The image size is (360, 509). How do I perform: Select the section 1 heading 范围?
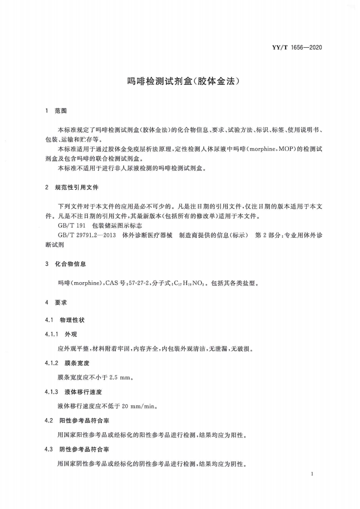pos(60,110)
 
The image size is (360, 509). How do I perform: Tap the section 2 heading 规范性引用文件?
pos(77,187)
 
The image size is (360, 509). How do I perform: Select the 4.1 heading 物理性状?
pos(72,320)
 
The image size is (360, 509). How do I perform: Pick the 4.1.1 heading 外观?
pos(72,334)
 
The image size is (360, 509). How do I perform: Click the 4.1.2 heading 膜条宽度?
pos(77,363)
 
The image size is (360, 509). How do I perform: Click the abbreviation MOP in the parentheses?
pos(284,149)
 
